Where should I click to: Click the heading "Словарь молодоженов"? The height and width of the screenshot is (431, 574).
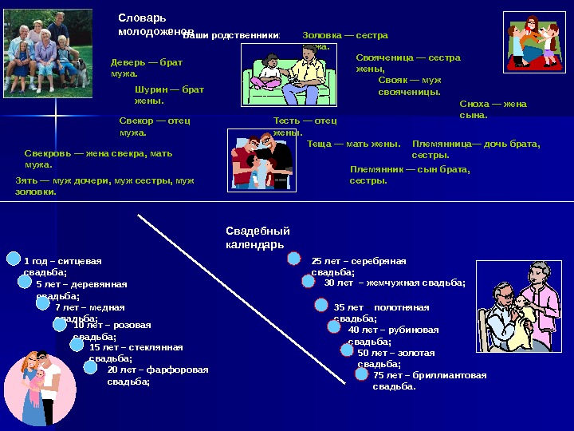click(x=155, y=25)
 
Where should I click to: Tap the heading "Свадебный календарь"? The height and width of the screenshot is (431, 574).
click(x=258, y=237)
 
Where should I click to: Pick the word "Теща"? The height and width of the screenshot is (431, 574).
click(x=320, y=144)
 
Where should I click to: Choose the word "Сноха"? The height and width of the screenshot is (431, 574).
click(x=475, y=104)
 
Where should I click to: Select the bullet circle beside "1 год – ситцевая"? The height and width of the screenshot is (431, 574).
click(x=13, y=259)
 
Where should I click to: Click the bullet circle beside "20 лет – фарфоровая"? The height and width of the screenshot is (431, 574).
click(x=91, y=367)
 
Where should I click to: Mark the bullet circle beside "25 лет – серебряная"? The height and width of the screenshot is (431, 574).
click(x=294, y=259)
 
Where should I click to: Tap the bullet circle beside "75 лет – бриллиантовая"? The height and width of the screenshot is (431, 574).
click(x=362, y=374)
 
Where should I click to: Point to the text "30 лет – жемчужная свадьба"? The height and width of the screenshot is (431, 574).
click(x=394, y=283)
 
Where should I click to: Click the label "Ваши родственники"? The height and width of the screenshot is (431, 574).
click(x=232, y=36)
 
